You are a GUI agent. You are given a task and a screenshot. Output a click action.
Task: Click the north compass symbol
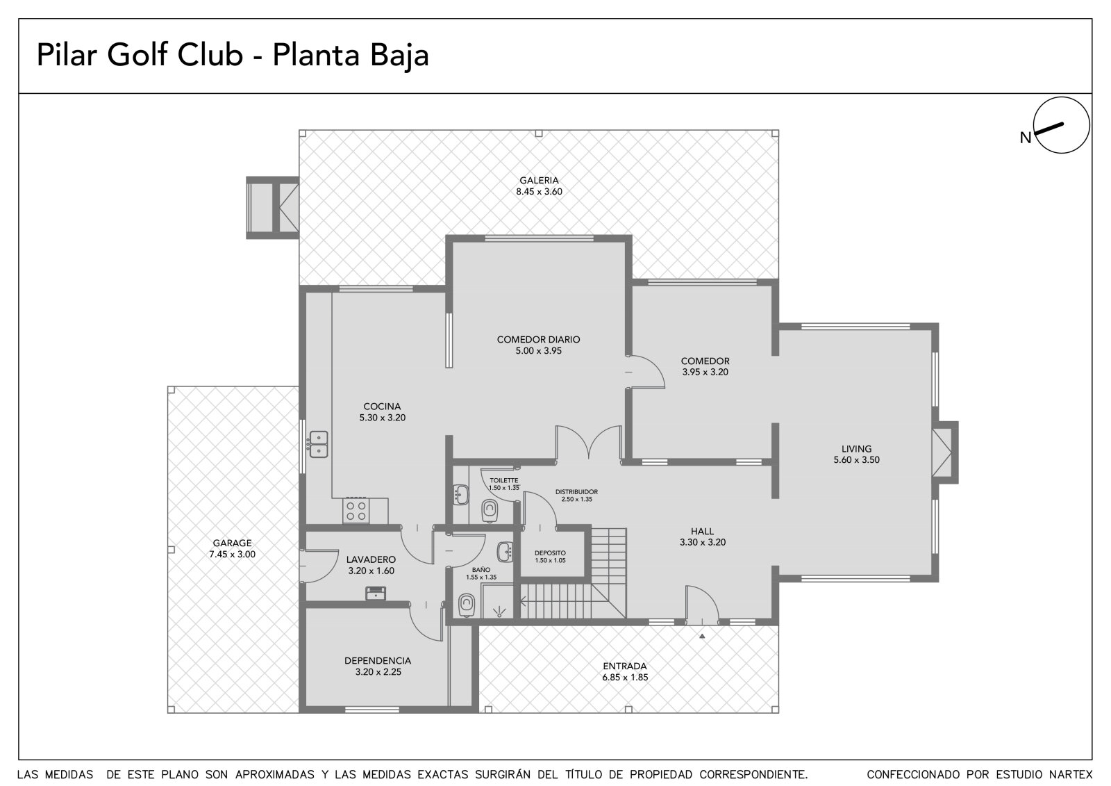point(1061,125)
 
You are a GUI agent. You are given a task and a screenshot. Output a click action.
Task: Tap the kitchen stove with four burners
point(356,511)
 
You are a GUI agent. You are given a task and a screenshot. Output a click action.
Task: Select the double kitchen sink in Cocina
point(319,444)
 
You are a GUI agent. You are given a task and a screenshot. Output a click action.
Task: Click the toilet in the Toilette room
point(490,511)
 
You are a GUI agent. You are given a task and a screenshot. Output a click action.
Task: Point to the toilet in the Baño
point(467,605)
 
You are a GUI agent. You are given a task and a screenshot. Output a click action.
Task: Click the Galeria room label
point(539,181)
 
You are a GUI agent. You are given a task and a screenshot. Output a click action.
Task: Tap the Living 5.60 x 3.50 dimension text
point(857,460)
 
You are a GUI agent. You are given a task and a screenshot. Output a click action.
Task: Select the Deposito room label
point(550,552)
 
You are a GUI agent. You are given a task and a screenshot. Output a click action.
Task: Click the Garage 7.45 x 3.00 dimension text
point(232,554)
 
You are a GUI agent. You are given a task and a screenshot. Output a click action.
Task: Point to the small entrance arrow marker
point(702,636)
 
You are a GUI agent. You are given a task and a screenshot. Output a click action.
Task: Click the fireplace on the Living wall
point(945,452)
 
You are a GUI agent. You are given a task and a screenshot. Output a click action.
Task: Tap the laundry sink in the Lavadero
point(376,593)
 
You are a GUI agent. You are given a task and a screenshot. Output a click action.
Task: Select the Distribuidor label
point(576,491)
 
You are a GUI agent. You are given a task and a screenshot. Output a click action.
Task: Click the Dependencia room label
point(378,661)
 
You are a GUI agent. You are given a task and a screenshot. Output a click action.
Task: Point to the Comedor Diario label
point(539,340)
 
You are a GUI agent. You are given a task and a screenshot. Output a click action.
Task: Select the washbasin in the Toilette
point(461,494)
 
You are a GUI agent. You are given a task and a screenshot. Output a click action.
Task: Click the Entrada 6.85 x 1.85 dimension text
point(625,678)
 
